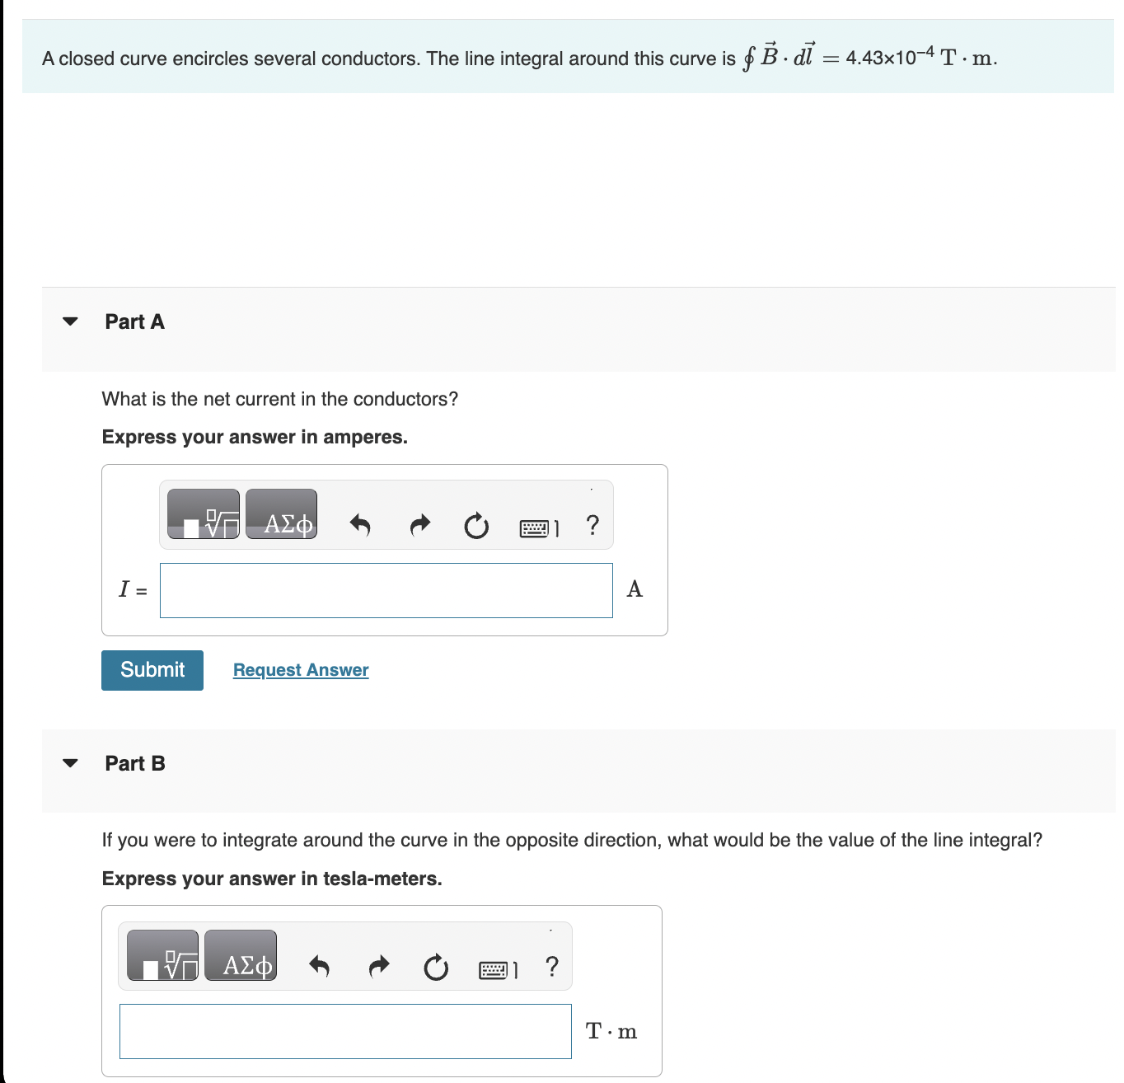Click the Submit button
[152, 670]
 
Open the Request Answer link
[301, 670]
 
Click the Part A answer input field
[386, 590]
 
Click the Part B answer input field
[345, 1031]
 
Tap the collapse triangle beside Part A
[71, 321]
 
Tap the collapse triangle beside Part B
[71, 763]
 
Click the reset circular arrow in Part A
[476, 525]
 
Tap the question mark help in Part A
[592, 524]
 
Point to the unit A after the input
[635, 589]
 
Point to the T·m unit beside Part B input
[611, 1031]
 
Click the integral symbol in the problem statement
[748, 58]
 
